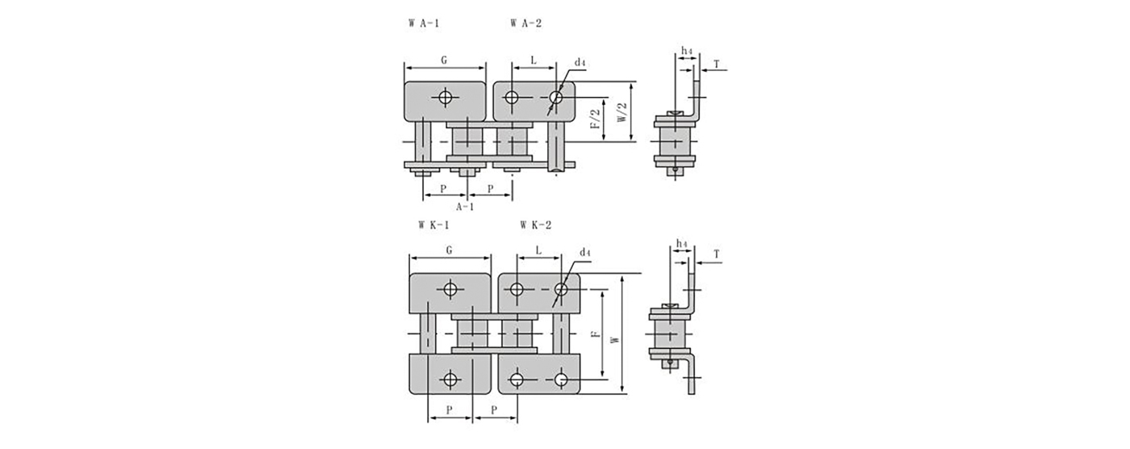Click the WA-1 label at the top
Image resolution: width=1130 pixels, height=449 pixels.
pyautogui.click(x=424, y=23)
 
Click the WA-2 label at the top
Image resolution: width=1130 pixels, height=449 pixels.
pyautogui.click(x=526, y=23)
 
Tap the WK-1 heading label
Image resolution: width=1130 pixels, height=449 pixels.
pyautogui.click(x=434, y=225)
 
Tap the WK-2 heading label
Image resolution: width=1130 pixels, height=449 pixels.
pyautogui.click(x=536, y=225)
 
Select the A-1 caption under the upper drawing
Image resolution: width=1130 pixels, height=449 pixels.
pyautogui.click(x=465, y=207)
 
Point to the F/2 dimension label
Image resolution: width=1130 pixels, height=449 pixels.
pyautogui.click(x=596, y=119)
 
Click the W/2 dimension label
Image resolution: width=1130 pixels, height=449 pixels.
pyautogui.click(x=622, y=112)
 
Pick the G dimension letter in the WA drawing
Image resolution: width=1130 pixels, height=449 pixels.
pyautogui.click(x=444, y=61)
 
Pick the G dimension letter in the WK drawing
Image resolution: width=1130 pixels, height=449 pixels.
pyautogui.click(x=449, y=250)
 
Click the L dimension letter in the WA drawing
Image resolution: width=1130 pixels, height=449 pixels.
pyautogui.click(x=534, y=61)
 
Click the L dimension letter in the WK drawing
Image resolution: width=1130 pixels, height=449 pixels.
pyautogui.click(x=539, y=250)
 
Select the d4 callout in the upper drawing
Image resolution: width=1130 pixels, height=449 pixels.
pyautogui.click(x=580, y=63)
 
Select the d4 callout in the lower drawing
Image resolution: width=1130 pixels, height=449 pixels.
pyautogui.click(x=585, y=252)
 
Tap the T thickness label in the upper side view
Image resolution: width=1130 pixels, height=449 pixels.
pyautogui.click(x=717, y=65)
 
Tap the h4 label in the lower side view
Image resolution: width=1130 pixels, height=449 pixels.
pyautogui.click(x=681, y=244)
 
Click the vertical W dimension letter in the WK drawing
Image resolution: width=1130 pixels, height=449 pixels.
pyautogui.click(x=614, y=340)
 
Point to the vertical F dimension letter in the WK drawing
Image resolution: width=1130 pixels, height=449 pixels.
pyautogui.click(x=596, y=334)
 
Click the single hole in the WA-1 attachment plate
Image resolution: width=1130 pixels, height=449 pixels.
pyautogui.click(x=445, y=97)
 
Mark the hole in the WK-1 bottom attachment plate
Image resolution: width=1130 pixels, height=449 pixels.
pyautogui.click(x=450, y=379)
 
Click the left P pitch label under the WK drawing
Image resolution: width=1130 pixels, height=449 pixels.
pyautogui.click(x=449, y=410)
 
